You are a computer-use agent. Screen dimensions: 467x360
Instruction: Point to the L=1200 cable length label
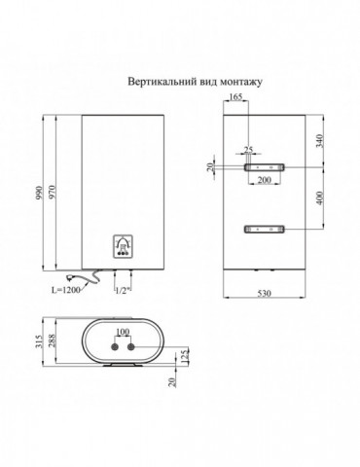click(69, 290)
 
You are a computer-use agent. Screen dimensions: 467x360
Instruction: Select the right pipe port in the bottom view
click(136, 345)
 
